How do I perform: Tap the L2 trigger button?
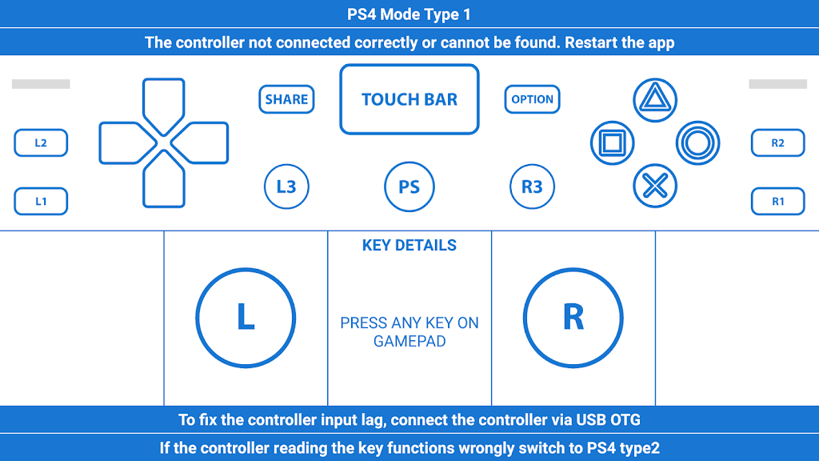[x=41, y=143]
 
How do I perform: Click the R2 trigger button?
[x=777, y=143]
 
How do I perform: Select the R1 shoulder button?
[x=777, y=202]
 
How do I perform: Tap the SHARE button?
[x=286, y=99]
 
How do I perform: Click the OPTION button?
[x=532, y=99]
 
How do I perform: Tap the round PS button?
[x=409, y=187]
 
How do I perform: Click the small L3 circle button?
[x=286, y=187]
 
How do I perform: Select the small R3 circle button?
[x=532, y=187]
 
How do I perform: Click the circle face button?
[x=697, y=143]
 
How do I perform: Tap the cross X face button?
[x=655, y=186]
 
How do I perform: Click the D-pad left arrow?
[x=126, y=143]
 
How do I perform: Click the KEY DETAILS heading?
[x=409, y=246]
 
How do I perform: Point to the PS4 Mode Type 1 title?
[x=409, y=14]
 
